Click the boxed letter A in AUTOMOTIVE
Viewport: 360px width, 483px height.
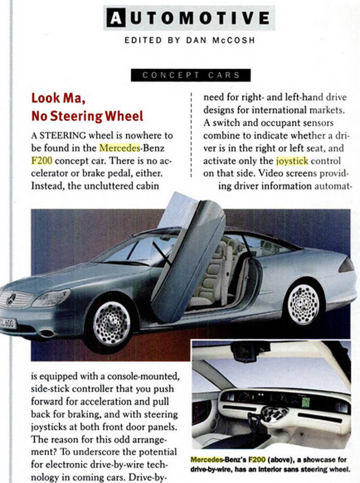[115, 19]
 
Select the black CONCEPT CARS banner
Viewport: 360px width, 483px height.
[191, 75]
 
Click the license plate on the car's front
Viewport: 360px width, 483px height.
[7, 324]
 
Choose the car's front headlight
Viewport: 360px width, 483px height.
[51, 298]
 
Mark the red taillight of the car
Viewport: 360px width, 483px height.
[346, 265]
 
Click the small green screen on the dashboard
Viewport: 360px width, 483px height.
[306, 402]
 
